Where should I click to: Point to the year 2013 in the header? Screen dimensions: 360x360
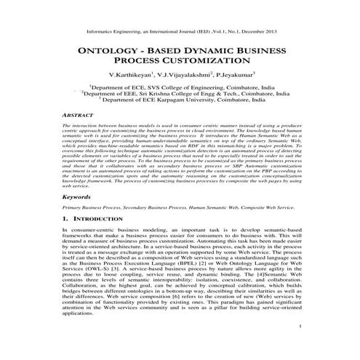(265, 31)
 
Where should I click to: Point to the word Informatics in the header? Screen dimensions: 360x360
(102, 31)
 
